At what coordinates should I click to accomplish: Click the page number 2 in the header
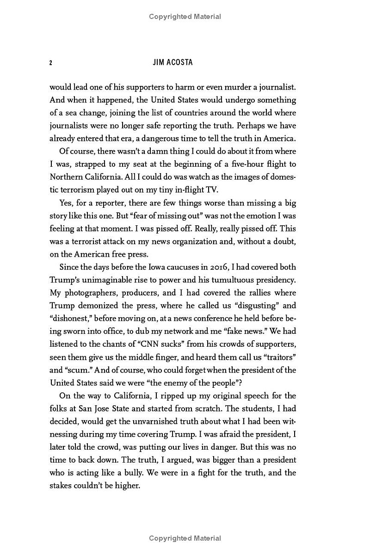tap(51, 63)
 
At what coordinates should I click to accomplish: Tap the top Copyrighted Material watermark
tap(185, 17)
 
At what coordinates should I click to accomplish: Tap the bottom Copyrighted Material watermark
tap(185, 538)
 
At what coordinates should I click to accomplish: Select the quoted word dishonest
tap(70, 318)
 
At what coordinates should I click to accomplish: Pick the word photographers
tap(88, 292)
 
